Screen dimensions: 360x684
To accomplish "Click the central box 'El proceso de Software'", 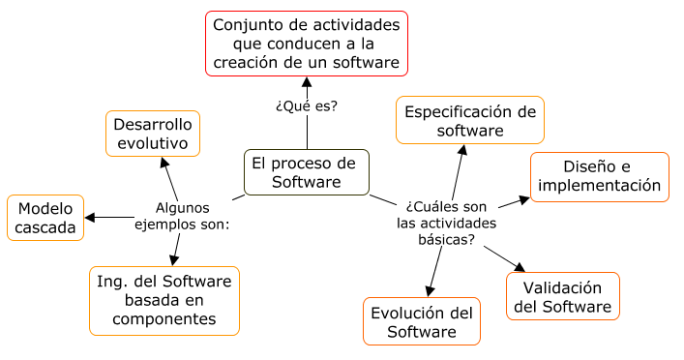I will click(x=306, y=172).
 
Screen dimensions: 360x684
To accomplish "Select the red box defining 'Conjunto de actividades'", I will click(x=307, y=44).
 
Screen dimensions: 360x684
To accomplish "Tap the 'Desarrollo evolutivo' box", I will click(x=153, y=134).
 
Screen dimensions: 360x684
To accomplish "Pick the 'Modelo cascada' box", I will click(x=45, y=219).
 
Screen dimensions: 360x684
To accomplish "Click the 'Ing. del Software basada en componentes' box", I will click(x=164, y=300).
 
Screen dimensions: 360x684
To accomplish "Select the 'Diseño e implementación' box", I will click(x=600, y=176).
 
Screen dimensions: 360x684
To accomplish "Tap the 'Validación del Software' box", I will click(x=562, y=297).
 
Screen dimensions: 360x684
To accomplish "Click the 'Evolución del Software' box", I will click(x=422, y=321).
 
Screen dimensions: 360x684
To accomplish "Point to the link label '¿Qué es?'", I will click(x=307, y=105).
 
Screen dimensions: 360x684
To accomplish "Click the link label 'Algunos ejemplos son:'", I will click(x=182, y=216).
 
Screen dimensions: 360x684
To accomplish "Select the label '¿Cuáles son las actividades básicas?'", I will click(x=446, y=223).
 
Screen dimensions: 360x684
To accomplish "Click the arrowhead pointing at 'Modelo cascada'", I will click(x=89, y=218).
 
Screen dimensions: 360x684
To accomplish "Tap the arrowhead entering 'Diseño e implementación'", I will click(x=525, y=199).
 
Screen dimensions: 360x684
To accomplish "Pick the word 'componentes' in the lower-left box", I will click(x=164, y=318).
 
